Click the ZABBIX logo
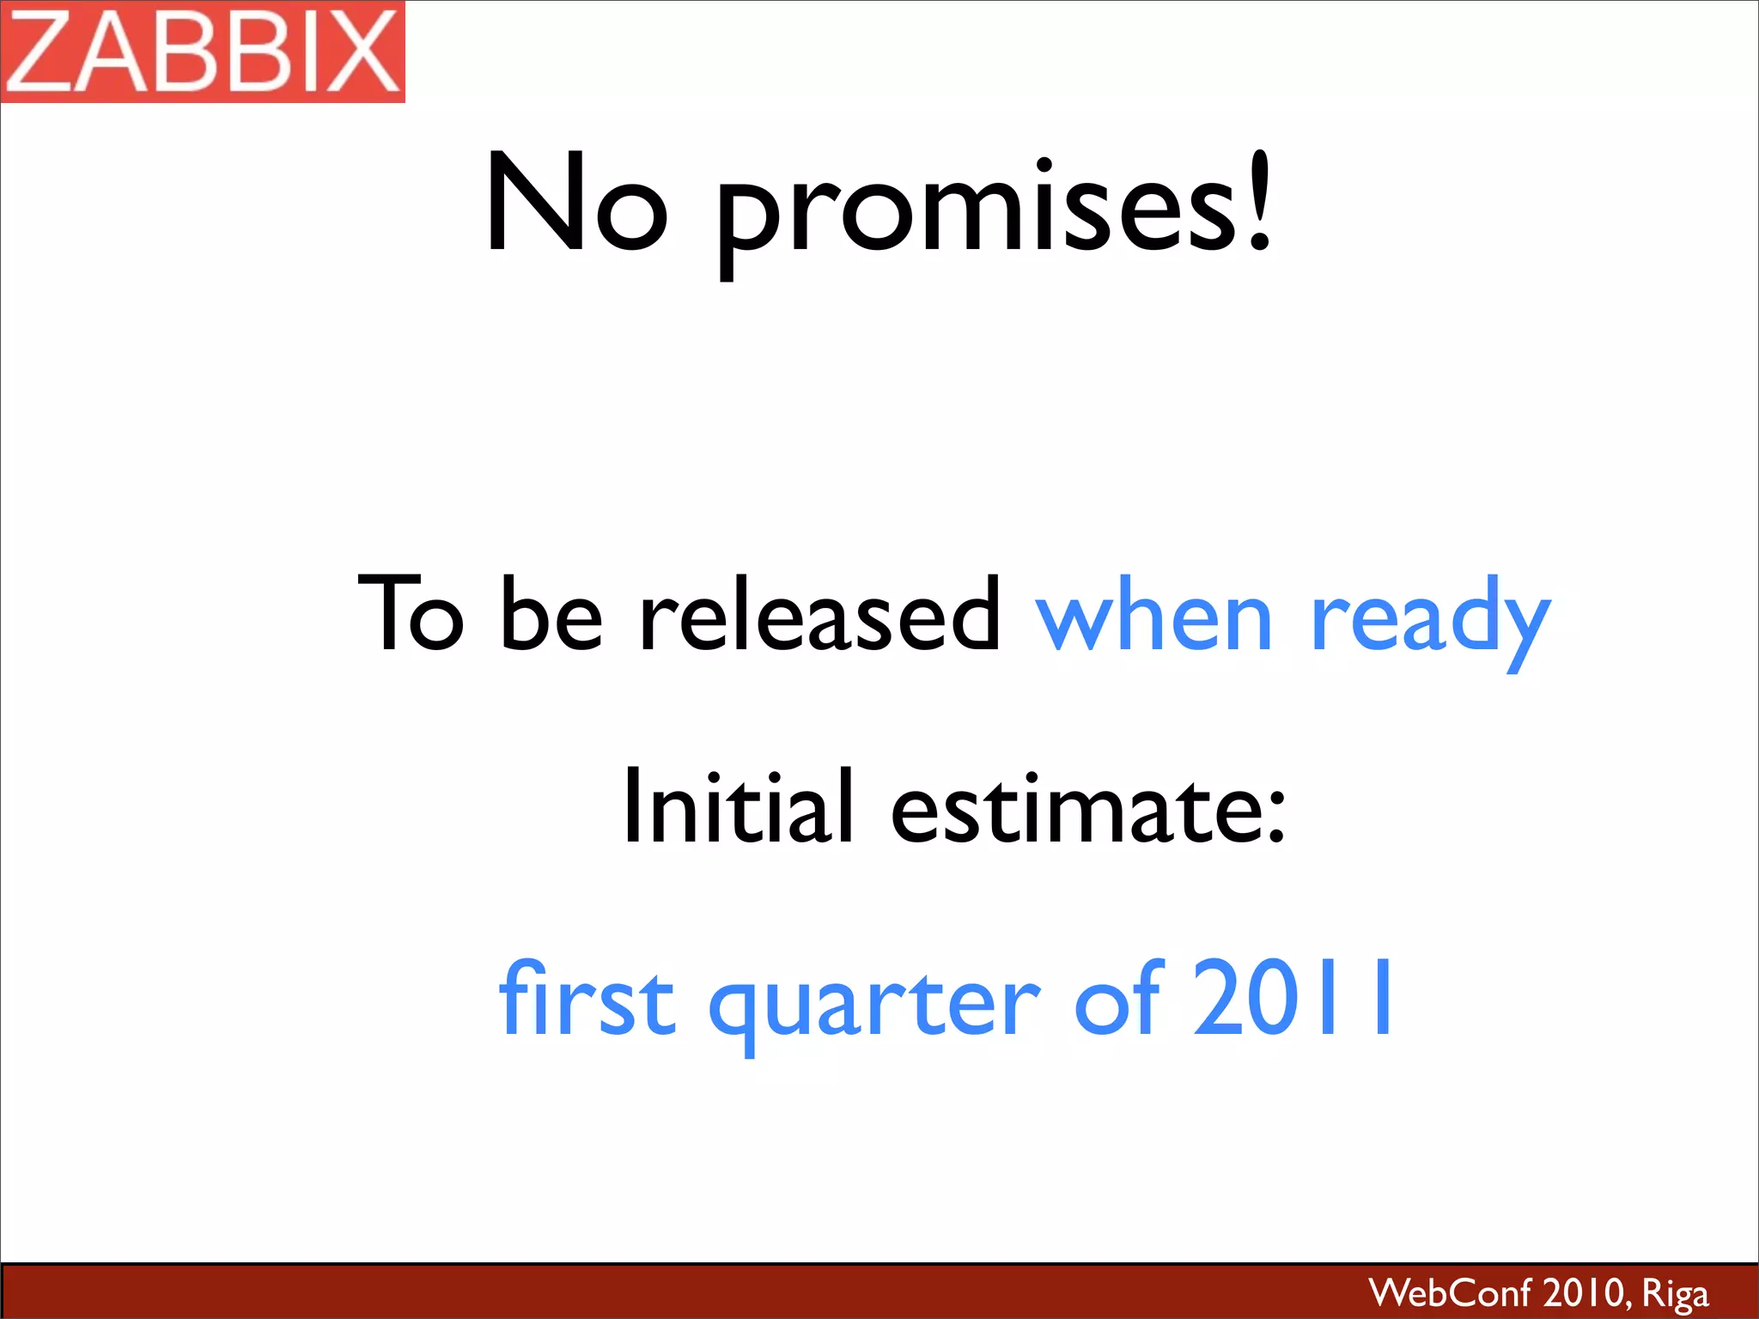point(203,52)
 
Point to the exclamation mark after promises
point(1259,203)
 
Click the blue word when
point(1153,614)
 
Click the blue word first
point(587,998)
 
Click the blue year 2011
point(1293,998)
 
